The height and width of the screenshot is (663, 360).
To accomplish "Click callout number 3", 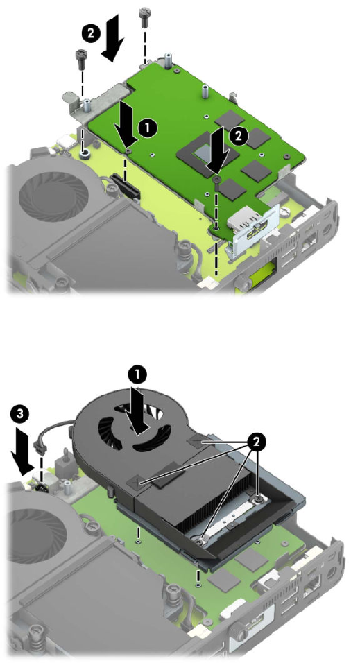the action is [20, 415].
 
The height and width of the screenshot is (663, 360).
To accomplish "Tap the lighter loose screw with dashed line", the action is [144, 15].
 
